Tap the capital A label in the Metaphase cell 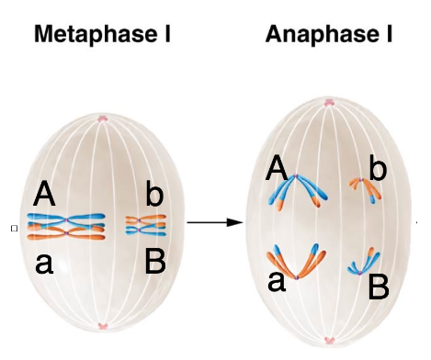click(44, 194)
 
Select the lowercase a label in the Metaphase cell click(44, 264)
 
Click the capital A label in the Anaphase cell click(277, 167)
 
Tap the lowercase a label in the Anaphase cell click(277, 282)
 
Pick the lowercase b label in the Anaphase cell click(378, 167)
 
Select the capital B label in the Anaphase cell click(379, 287)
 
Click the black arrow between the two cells click(215, 222)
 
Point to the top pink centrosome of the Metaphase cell click(102, 118)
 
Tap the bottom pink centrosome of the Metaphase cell click(103, 326)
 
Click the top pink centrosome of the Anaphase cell click(328, 102)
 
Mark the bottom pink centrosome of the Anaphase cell click(329, 341)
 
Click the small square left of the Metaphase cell click(14, 229)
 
